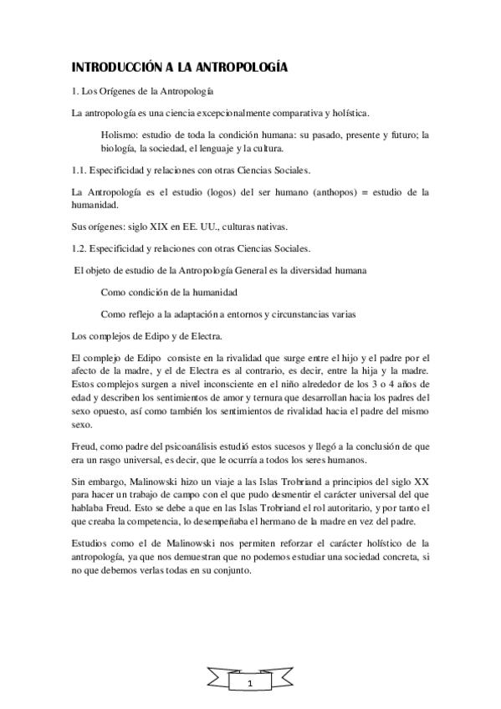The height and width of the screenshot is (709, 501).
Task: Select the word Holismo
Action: (x=120, y=133)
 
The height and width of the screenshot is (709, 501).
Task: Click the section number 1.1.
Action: (x=82, y=171)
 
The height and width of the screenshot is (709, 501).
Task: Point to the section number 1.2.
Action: (x=82, y=247)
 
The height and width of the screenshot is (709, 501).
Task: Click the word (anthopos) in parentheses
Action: (x=362, y=191)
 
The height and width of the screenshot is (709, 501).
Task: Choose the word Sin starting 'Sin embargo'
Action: (x=80, y=482)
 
